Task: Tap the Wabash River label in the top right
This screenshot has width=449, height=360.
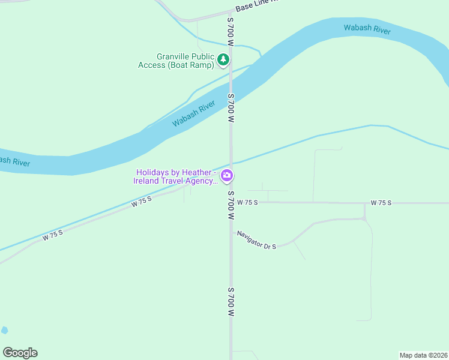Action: [367, 29]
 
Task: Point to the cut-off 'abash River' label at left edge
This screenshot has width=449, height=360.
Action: [13, 161]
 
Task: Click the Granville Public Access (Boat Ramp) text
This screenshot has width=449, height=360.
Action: [176, 60]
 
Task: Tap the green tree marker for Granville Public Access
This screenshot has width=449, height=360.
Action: [223, 59]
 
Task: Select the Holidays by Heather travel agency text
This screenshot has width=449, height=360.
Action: [175, 176]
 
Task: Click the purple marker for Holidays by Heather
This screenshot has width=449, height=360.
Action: [228, 176]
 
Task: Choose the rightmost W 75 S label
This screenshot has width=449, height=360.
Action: [381, 203]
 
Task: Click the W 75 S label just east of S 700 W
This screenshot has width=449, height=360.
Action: [247, 203]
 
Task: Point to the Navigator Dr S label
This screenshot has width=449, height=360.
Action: [256, 240]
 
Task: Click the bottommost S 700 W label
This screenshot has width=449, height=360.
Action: [231, 302]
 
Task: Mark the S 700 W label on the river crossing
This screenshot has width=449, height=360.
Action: [231, 108]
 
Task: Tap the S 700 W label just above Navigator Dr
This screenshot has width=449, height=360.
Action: [231, 205]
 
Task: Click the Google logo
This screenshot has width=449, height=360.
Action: [20, 353]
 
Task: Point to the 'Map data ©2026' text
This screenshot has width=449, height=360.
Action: [423, 355]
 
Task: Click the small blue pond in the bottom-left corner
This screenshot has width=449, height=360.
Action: [5, 330]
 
